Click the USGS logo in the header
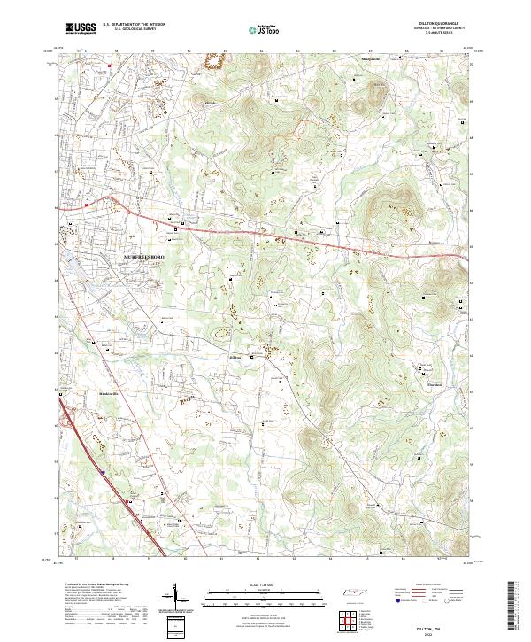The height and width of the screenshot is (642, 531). click(81, 28)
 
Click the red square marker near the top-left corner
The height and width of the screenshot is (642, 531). click(111, 65)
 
